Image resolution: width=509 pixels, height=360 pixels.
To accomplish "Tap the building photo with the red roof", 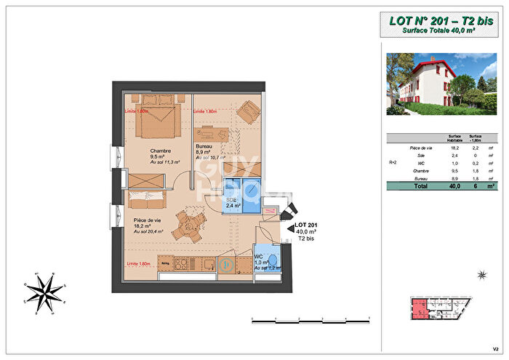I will click(x=441, y=84).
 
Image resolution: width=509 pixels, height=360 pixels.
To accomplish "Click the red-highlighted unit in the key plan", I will click(x=420, y=309).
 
